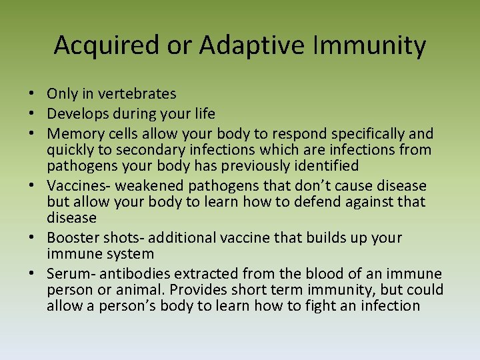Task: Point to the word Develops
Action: click(x=79, y=114)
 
